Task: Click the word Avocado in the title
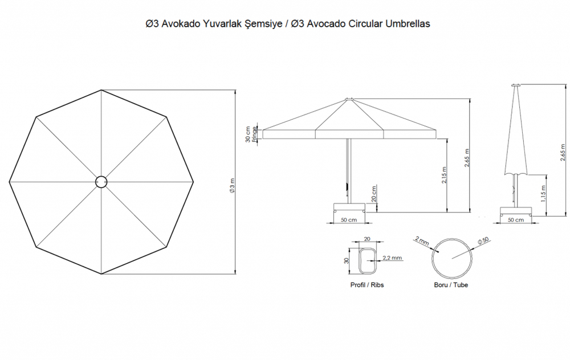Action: click(326, 24)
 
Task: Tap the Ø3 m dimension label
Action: click(232, 185)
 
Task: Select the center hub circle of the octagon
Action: click(101, 182)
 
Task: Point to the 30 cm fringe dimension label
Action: click(248, 134)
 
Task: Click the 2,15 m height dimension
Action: click(444, 175)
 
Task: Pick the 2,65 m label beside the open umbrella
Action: click(467, 158)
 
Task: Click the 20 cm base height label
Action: click(374, 194)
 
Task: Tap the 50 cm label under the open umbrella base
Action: click(349, 220)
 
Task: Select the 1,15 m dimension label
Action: click(543, 194)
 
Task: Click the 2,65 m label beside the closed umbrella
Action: click(563, 153)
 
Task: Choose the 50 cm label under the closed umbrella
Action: click(515, 220)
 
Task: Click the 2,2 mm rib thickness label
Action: click(392, 257)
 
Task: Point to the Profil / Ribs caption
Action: click(367, 285)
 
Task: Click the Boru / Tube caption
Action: click(451, 285)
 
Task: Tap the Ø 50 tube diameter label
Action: click(483, 240)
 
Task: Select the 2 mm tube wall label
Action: click(422, 240)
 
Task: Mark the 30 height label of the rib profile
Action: click(346, 260)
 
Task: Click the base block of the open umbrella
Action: click(349, 208)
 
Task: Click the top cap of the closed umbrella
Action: click(516, 85)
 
